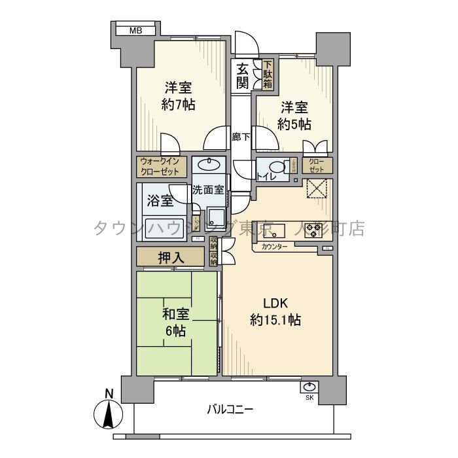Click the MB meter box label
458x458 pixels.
click(x=135, y=30)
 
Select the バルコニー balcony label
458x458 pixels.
click(x=230, y=410)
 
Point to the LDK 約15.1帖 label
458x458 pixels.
click(x=275, y=312)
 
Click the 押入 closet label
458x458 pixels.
click(x=171, y=257)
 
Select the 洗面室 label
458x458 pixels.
click(x=208, y=190)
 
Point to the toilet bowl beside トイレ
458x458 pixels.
click(x=278, y=166)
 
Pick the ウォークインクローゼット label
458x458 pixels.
click(x=162, y=166)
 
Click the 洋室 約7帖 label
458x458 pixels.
click(x=179, y=96)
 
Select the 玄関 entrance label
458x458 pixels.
click(x=243, y=75)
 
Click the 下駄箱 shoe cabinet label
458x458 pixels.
click(x=268, y=74)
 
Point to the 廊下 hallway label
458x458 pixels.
click(x=241, y=137)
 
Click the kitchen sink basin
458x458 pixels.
click(x=275, y=230)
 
